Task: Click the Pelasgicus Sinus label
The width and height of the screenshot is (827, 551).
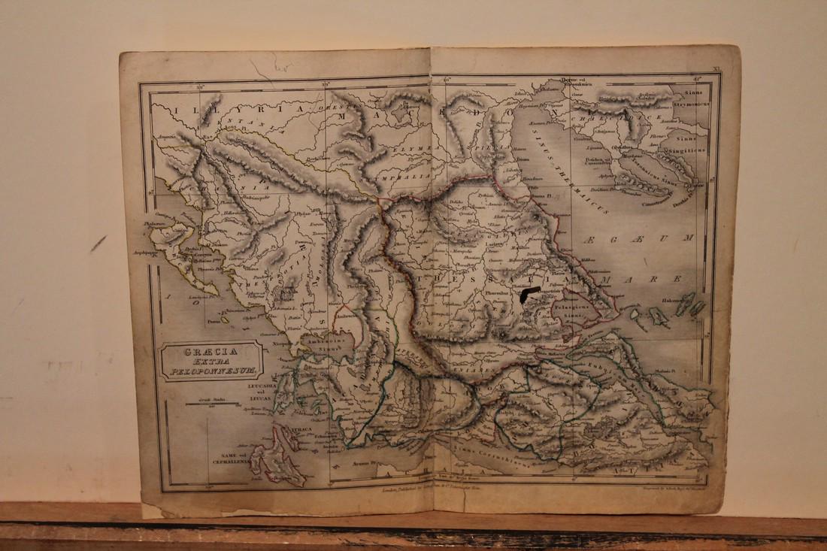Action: (574, 314)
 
